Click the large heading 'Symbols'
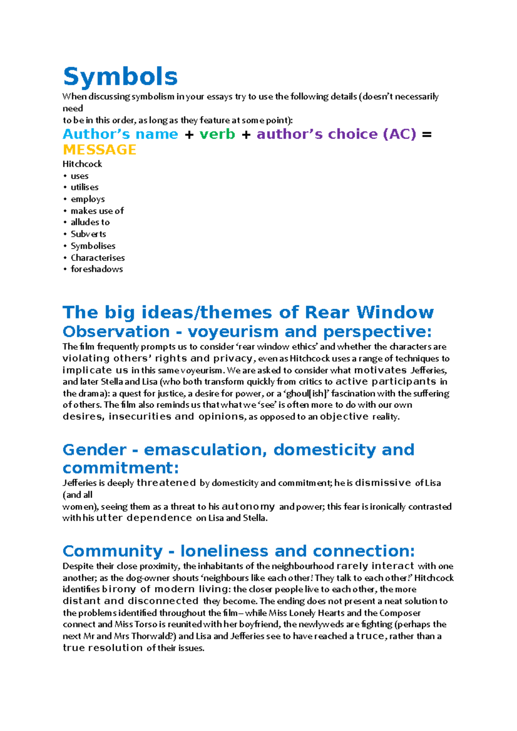click(120, 77)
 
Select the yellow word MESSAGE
click(100, 150)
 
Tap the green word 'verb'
click(217, 134)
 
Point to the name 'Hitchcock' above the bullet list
click(82, 164)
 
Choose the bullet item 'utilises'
click(84, 187)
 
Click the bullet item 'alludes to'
click(90, 222)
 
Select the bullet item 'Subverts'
click(88, 234)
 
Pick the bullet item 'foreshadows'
click(97, 269)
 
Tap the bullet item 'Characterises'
click(98, 258)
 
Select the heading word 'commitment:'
click(121, 468)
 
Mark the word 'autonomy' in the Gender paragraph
click(248, 507)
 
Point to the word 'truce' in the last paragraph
click(370, 636)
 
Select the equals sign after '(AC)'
click(427, 134)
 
